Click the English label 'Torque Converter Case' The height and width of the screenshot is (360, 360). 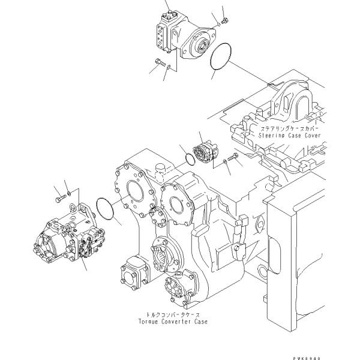tap(171, 322)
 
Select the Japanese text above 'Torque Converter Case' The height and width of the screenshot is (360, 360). tap(170, 314)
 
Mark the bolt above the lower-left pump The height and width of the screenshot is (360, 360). tap(59, 194)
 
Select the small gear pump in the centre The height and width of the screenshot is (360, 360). tap(206, 153)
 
